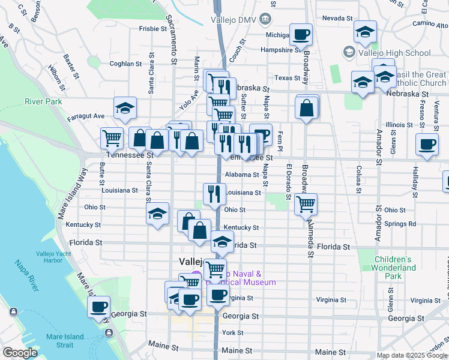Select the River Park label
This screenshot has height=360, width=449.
coord(43,101)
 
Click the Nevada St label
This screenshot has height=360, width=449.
coord(336,18)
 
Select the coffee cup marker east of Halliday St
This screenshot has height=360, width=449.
coord(427,145)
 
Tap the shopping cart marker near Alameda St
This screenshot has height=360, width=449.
coord(306,204)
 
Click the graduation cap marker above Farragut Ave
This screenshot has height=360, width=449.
coord(125,108)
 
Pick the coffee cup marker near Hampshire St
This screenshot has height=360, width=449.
coord(301,35)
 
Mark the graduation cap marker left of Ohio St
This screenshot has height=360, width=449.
coord(157,214)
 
